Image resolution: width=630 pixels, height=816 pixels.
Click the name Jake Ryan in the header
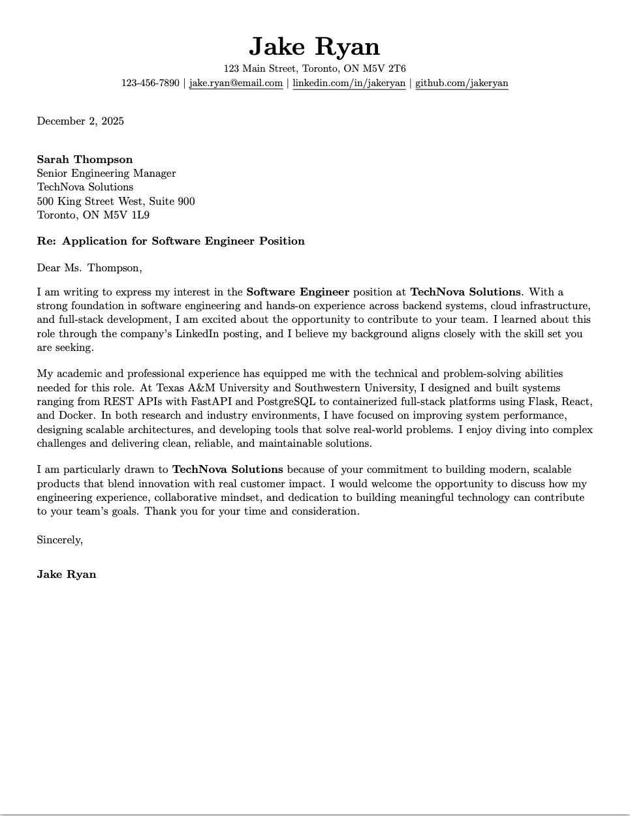[x=314, y=47]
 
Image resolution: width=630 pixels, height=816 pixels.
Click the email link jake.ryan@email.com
[x=236, y=83]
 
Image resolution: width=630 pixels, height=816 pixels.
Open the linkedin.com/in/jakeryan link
[x=349, y=83]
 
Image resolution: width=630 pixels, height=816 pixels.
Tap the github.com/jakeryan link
[x=462, y=83]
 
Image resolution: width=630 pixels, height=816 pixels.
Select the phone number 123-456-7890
[x=150, y=83]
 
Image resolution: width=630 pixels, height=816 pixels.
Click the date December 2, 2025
[x=80, y=121]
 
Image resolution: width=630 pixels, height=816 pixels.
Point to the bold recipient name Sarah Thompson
[x=85, y=160]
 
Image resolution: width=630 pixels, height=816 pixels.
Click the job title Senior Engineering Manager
[x=106, y=174]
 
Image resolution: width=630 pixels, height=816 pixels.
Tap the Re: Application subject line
[x=170, y=241]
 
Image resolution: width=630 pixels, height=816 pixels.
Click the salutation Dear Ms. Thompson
[x=89, y=268]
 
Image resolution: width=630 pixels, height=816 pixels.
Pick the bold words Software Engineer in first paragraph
[x=298, y=292]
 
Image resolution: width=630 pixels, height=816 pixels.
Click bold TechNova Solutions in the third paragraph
[x=227, y=470]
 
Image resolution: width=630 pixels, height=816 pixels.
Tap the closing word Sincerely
[x=59, y=540]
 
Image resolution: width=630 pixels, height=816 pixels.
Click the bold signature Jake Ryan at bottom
[x=67, y=575]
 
